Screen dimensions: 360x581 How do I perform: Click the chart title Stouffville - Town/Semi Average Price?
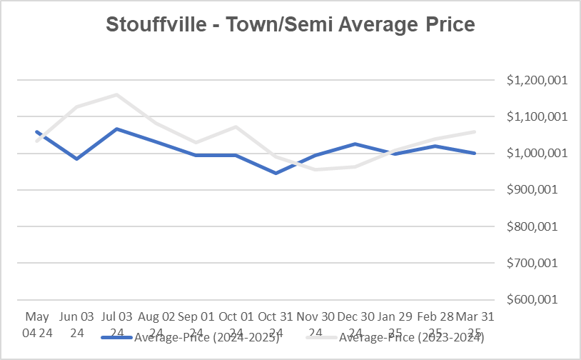tap(290, 25)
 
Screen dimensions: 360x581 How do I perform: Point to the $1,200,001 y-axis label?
tap(537, 80)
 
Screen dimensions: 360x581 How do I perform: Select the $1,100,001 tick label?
tap(537, 116)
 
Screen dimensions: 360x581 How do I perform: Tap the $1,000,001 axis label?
tap(537, 153)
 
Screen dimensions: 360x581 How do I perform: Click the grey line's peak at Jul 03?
tap(116, 94)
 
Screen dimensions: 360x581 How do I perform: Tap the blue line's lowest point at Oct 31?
tap(276, 173)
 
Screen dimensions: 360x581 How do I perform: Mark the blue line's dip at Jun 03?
tap(76, 159)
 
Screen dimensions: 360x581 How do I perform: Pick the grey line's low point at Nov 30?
tap(315, 169)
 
